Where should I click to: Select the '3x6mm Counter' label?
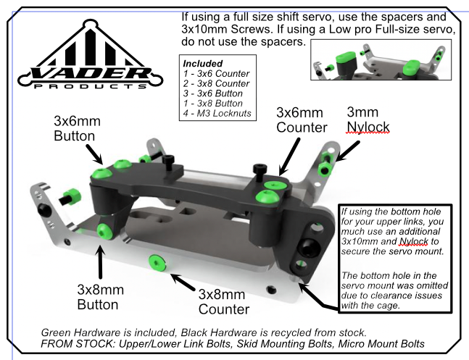[x=300, y=120]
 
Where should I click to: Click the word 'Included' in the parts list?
[x=199, y=64]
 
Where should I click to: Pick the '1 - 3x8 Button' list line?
[x=212, y=103]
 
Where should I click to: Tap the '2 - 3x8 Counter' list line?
[x=215, y=84]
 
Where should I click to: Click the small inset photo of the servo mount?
[x=380, y=60]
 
